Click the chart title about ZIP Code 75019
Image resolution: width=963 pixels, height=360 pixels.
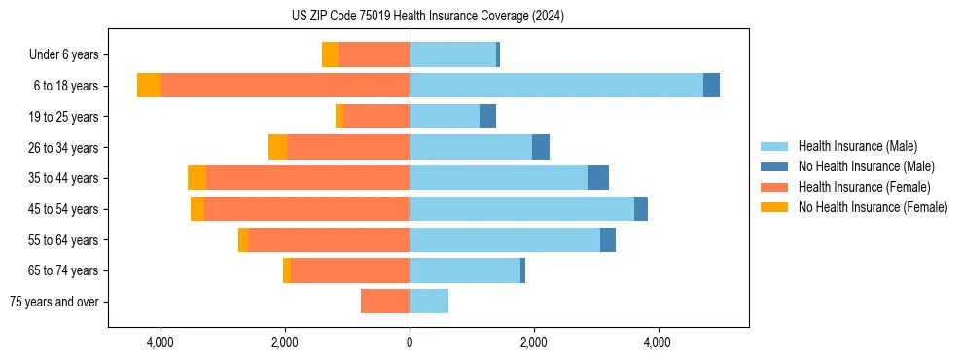click(428, 17)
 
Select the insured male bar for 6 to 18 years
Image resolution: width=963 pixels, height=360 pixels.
click(555, 86)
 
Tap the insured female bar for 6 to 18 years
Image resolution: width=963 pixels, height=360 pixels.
click(285, 86)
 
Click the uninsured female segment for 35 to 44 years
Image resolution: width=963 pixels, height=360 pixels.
click(196, 178)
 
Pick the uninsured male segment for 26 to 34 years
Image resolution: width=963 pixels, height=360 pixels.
click(541, 147)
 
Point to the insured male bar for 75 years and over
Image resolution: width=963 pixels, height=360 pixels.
click(429, 302)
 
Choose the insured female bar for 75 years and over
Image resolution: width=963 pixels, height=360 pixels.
click(385, 302)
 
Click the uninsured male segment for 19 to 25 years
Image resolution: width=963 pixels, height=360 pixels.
click(487, 117)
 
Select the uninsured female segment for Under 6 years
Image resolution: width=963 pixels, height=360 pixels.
click(330, 54)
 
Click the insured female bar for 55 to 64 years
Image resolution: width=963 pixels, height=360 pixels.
click(329, 239)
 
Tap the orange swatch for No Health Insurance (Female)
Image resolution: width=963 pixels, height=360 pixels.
click(775, 207)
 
